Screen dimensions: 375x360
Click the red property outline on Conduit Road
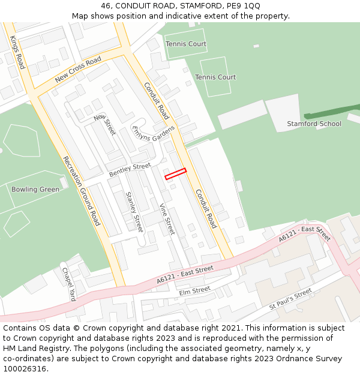(176, 173)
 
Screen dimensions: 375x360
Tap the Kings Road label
(17, 52)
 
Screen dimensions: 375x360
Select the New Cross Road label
(78, 71)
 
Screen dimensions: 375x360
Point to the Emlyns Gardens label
(153, 137)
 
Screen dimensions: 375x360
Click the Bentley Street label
(130, 170)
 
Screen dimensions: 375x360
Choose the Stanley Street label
(134, 212)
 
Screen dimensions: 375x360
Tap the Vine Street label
(167, 219)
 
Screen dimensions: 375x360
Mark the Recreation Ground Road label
(80, 190)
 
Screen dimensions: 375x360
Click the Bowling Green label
(35, 190)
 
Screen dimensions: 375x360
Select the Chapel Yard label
(69, 284)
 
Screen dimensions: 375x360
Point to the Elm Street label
(194, 290)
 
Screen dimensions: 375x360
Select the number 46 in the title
(105, 5)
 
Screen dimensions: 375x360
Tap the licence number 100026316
(25, 369)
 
